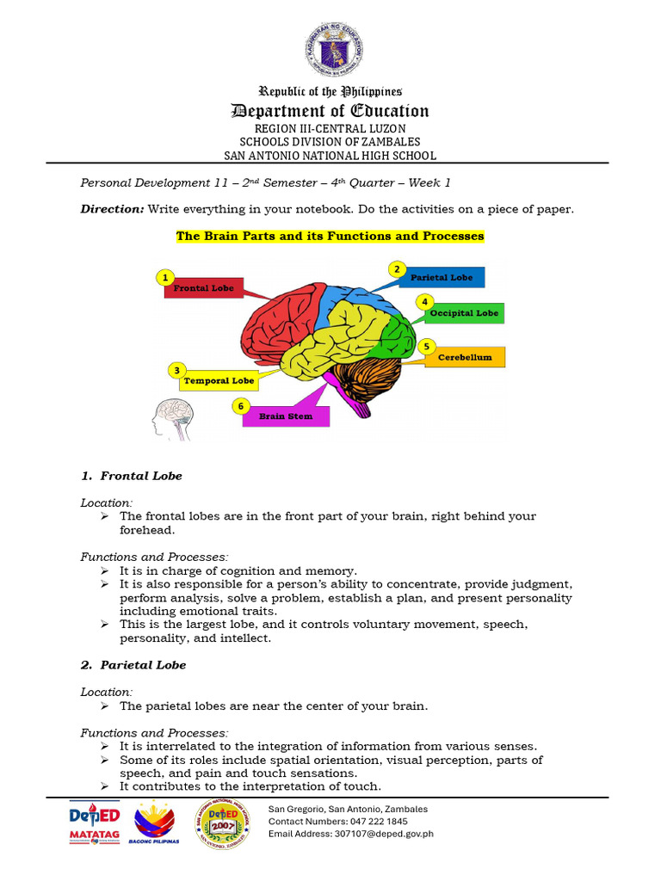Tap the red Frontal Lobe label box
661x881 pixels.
tap(205, 287)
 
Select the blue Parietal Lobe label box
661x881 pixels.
tap(442, 277)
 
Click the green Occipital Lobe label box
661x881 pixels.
tap(464, 313)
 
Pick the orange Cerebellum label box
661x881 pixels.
tap(465, 357)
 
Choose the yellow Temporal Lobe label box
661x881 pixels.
tap(219, 380)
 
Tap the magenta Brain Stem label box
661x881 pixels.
tap(286, 416)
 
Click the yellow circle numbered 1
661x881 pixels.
tap(164, 277)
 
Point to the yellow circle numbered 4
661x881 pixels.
tap(424, 302)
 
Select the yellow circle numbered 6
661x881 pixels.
tap(241, 405)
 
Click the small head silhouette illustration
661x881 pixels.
tap(173, 419)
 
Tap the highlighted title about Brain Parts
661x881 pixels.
tap(330, 236)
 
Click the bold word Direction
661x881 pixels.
tap(112, 208)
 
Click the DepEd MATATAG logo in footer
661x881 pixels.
tap(94, 824)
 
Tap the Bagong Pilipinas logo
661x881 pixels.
tap(153, 823)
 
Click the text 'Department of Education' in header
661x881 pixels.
tap(330, 111)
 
